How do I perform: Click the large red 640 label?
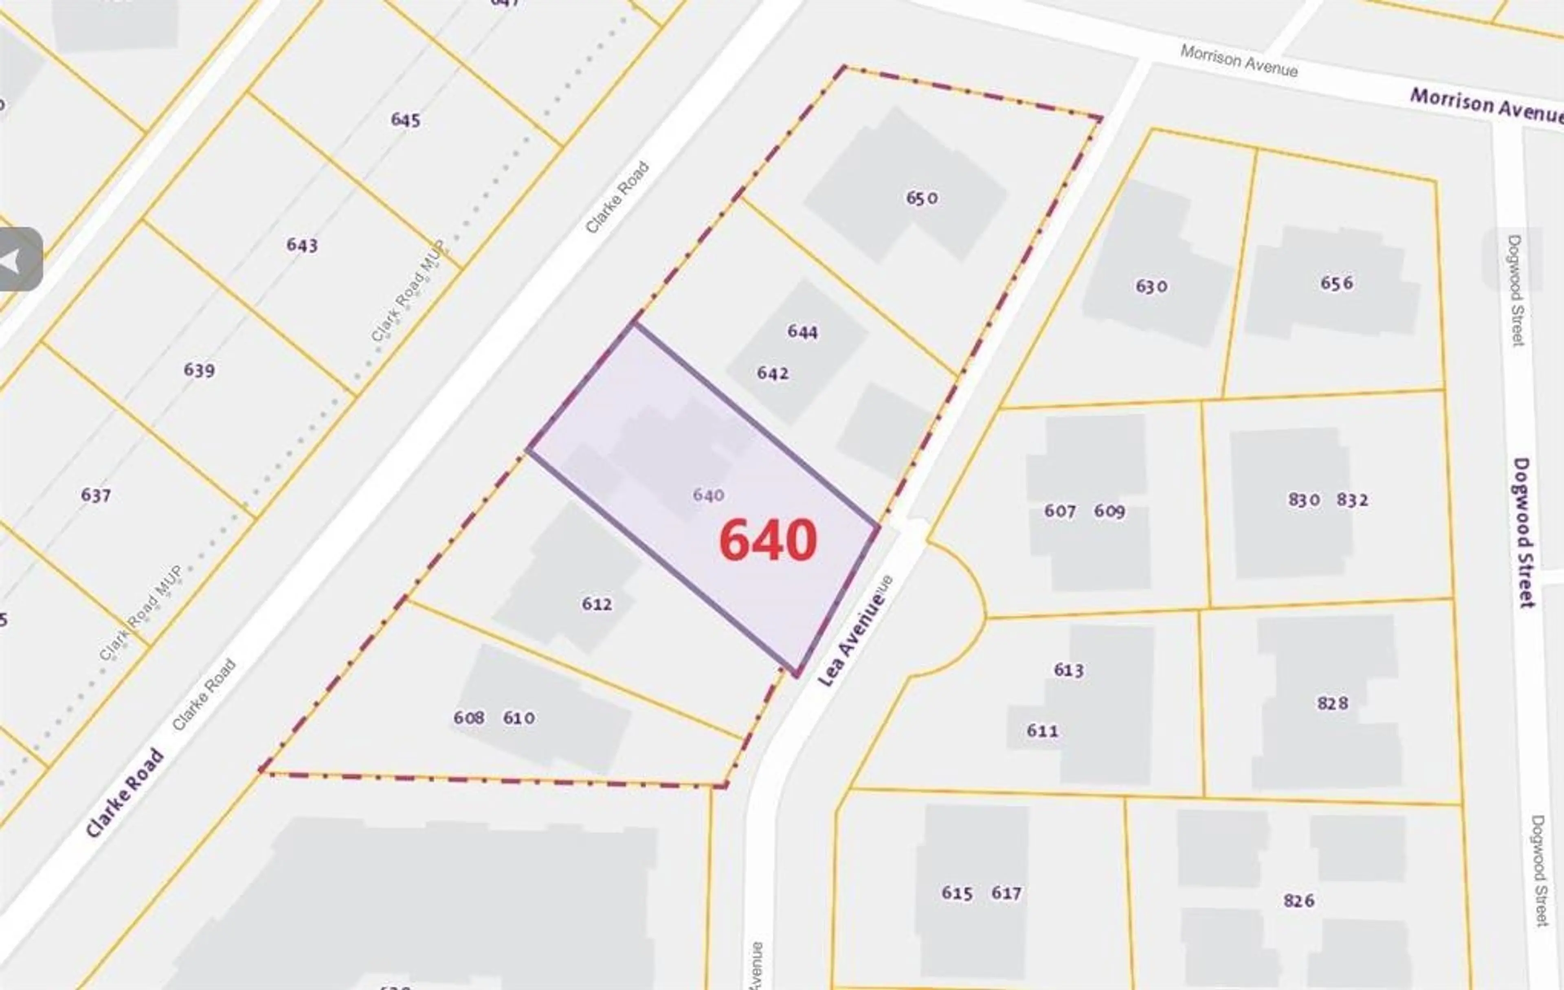click(x=768, y=540)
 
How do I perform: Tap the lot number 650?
click(x=922, y=197)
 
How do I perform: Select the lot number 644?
click(x=803, y=332)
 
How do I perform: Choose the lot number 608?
click(x=469, y=717)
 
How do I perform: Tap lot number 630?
click(x=1151, y=286)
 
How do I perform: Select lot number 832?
click(x=1353, y=500)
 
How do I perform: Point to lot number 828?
click(x=1333, y=703)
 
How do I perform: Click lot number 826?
click(x=1299, y=900)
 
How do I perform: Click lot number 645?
click(x=405, y=120)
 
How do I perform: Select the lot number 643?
click(x=302, y=245)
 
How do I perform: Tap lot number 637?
click(x=95, y=495)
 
